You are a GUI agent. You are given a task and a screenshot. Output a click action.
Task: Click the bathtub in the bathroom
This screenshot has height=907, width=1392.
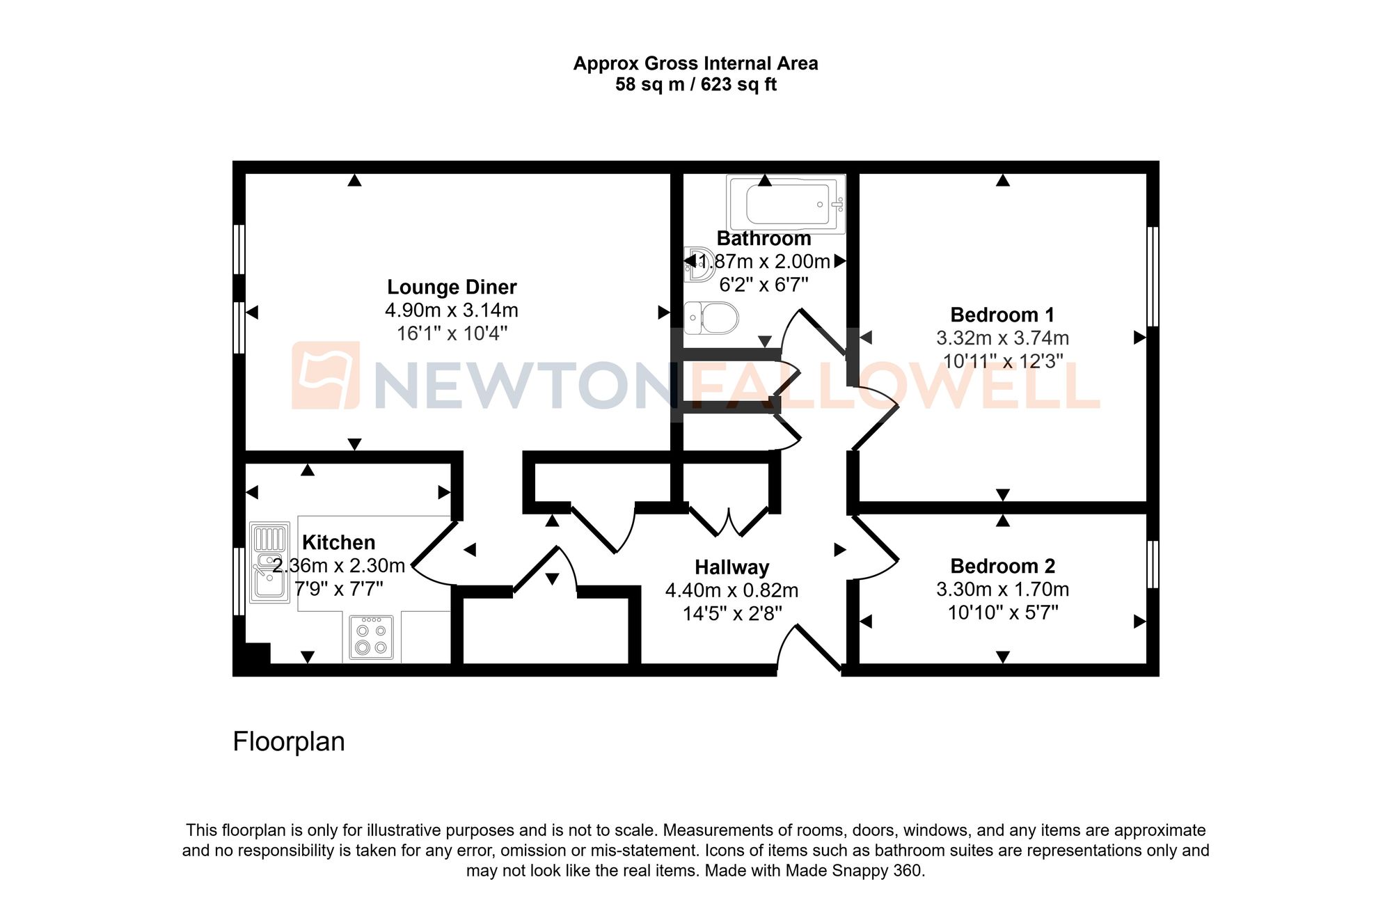click(786, 204)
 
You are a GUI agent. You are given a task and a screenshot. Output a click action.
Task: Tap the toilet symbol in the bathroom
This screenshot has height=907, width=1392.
click(712, 318)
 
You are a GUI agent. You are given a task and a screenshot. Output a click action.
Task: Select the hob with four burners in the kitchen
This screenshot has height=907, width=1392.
click(371, 638)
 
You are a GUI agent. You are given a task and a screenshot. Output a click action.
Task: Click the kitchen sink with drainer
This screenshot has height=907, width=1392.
click(269, 562)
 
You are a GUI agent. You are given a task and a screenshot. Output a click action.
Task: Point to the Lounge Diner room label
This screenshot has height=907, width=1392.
click(452, 287)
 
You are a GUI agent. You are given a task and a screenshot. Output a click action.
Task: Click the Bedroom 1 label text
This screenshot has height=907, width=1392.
click(1002, 315)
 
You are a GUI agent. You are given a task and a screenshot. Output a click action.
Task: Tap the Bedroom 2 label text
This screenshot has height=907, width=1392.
click(1002, 566)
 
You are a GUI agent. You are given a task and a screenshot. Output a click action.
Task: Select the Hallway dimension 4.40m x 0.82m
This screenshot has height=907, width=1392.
click(731, 590)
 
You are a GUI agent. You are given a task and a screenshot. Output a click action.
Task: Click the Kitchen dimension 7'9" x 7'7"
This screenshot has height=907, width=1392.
click(339, 589)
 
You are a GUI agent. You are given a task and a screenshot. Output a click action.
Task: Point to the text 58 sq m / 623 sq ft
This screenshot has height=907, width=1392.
click(695, 85)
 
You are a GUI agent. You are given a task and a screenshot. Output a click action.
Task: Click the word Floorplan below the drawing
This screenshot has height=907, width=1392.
click(289, 741)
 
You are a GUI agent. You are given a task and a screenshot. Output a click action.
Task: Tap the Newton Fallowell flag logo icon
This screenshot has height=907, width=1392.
click(326, 375)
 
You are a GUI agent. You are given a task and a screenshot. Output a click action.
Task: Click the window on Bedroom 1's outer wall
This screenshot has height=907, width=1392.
click(1153, 276)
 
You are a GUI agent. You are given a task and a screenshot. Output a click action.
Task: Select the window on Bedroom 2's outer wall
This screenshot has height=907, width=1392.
click(1153, 564)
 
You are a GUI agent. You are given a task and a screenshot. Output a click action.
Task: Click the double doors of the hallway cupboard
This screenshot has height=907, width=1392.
click(729, 522)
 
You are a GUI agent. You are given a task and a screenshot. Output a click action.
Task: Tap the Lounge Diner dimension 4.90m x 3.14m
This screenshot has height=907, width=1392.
click(452, 310)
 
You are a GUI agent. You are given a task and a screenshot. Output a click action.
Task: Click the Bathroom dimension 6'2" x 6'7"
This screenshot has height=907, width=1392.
click(764, 285)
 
